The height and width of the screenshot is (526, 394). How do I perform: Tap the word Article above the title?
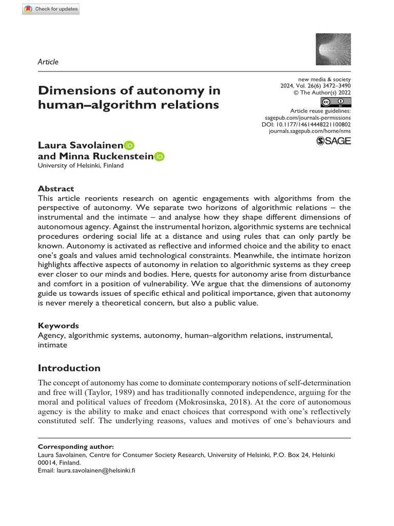[48, 62]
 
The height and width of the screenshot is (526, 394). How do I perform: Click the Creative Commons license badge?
[335, 101]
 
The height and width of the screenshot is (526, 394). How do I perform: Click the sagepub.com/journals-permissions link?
[307, 118]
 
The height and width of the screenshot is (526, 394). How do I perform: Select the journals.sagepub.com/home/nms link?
[310, 132]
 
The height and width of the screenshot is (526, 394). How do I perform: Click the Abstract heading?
[56, 189]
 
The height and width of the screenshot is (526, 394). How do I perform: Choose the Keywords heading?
[58, 326]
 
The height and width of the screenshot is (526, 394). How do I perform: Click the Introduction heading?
[70, 368]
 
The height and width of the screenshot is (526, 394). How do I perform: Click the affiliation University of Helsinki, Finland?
[81, 166]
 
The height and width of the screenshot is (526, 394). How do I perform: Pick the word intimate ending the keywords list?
[52, 345]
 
